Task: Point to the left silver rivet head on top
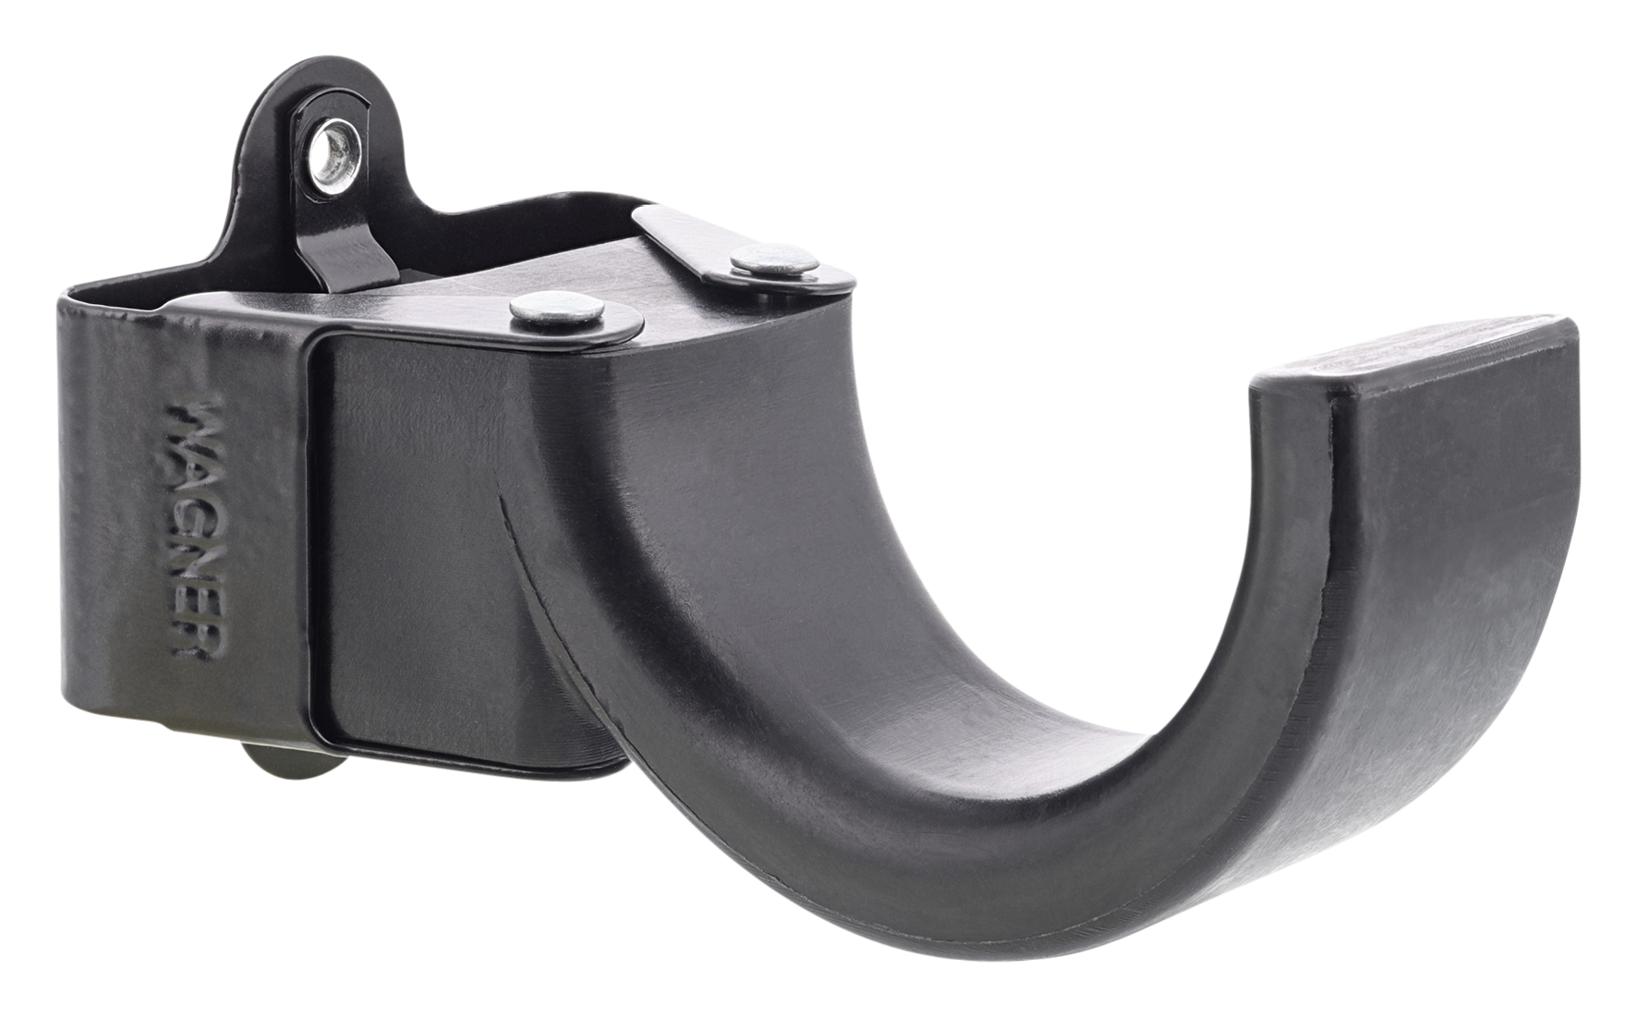click(555, 309)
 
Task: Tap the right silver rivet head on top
click(775, 260)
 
